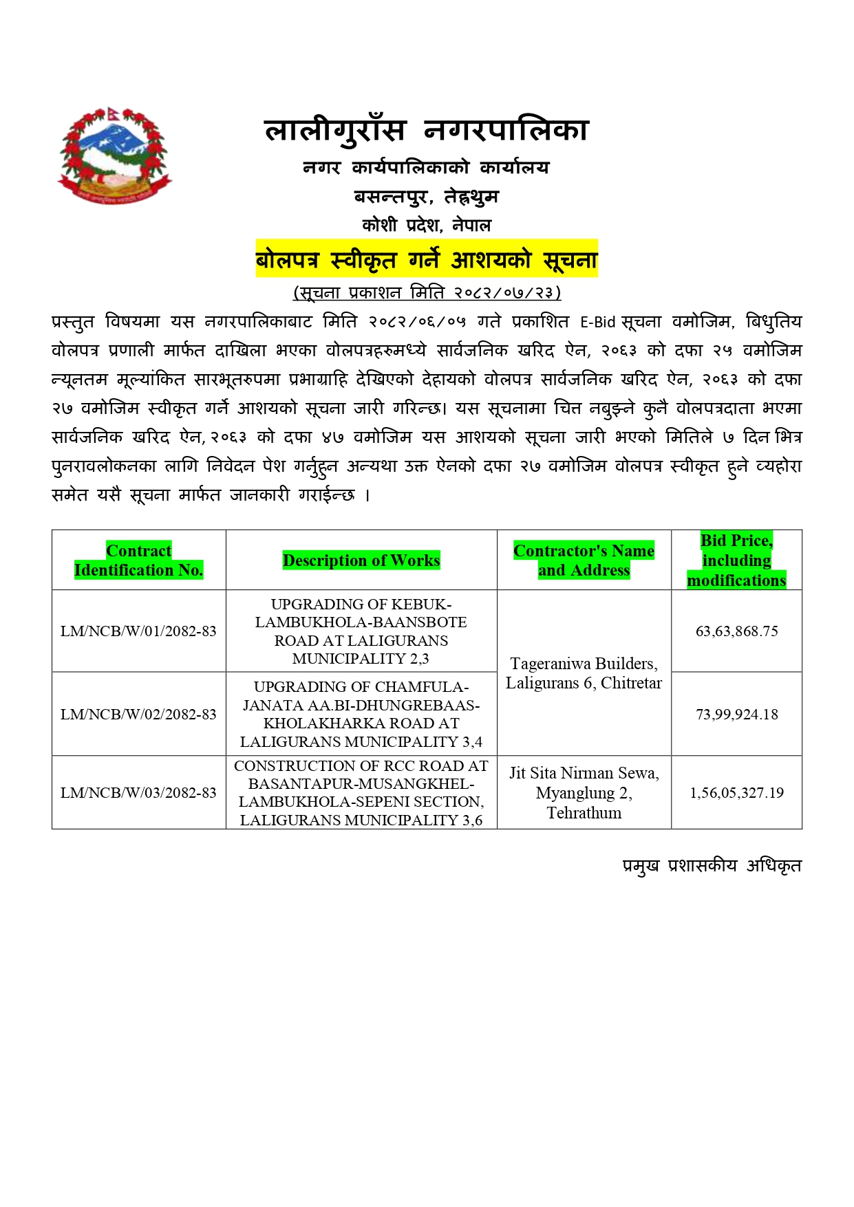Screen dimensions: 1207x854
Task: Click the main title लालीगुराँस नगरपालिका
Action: point(427,130)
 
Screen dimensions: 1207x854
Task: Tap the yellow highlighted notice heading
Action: point(427,260)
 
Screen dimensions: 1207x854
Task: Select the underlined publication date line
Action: point(427,293)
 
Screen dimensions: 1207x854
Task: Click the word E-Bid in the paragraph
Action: point(597,322)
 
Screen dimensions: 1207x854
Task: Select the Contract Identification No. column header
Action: point(139,560)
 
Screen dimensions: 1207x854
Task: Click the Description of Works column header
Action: point(361,561)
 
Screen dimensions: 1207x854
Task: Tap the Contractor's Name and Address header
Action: point(584,560)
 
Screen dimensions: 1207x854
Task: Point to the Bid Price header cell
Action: point(736,560)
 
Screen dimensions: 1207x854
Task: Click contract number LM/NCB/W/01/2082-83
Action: point(139,631)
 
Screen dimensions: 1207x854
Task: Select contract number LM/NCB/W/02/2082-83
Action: point(139,715)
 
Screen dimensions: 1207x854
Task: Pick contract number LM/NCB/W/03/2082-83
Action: point(139,793)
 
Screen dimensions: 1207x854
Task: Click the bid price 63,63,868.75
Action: point(736,631)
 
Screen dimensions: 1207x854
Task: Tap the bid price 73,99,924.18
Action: point(736,715)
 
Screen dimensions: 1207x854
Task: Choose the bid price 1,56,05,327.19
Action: point(736,793)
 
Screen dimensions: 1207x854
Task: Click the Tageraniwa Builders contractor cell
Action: point(584,673)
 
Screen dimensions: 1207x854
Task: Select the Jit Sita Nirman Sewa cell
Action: point(584,793)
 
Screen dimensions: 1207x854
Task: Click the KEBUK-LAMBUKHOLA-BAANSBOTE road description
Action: point(361,631)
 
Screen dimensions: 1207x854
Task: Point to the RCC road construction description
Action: point(361,793)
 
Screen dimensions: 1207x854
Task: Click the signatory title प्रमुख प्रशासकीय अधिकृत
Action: point(712,866)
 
